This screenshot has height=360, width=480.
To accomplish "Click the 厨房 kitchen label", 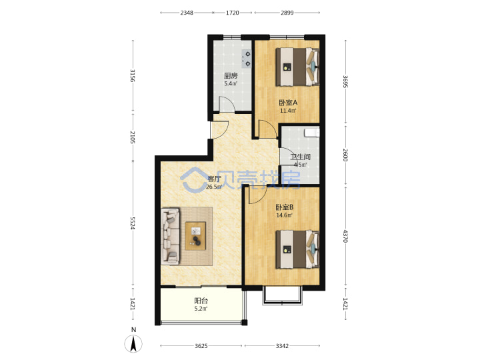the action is click(x=231, y=75).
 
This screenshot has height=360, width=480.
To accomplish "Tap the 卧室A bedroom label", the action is click(x=288, y=103).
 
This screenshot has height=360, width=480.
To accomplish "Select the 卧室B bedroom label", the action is click(x=285, y=207).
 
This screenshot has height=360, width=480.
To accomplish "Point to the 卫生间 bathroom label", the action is click(x=300, y=157).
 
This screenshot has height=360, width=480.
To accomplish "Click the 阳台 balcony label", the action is click(x=201, y=301).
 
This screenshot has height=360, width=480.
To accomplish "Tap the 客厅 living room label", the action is click(x=214, y=179).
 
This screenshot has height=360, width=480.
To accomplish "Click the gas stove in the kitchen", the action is click(x=247, y=59).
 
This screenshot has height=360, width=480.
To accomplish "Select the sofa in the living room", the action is click(x=170, y=236).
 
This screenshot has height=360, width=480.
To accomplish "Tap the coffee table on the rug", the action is click(x=195, y=236).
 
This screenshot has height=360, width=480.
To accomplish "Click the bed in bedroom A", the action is click(x=297, y=67).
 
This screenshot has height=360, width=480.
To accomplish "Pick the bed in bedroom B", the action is click(x=297, y=249).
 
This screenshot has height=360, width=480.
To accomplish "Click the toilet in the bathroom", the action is click(x=312, y=132).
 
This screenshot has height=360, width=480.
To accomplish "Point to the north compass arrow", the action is click(x=133, y=343).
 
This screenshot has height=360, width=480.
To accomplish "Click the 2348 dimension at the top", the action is click(x=187, y=13).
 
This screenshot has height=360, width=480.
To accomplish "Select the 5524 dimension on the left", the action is click(x=133, y=223).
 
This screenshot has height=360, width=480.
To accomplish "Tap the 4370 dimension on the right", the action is click(x=345, y=236).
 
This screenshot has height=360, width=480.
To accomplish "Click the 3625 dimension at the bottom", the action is click(x=201, y=346).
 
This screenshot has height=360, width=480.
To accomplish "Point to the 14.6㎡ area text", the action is click(x=285, y=215).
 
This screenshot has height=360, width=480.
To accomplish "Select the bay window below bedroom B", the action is click(x=282, y=296).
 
